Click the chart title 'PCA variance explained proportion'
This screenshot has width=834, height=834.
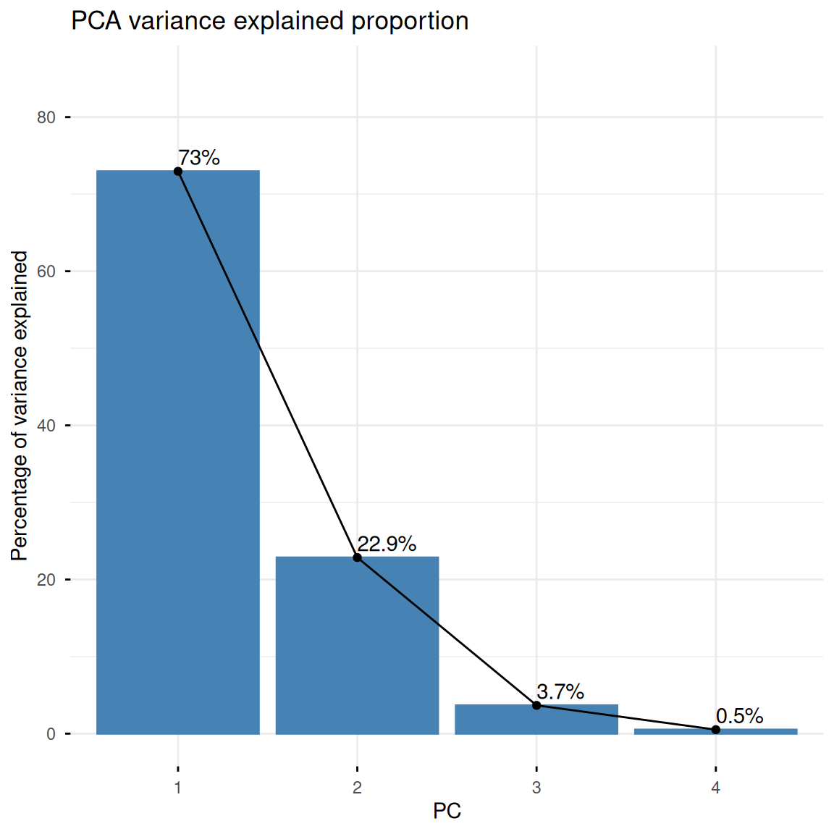tap(269, 21)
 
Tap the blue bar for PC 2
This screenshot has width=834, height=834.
tap(357, 645)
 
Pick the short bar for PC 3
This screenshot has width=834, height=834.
tap(536, 720)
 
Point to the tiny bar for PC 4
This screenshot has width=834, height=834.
tap(715, 731)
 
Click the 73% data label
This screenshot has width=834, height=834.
tap(199, 157)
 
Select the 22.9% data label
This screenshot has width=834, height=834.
tap(387, 544)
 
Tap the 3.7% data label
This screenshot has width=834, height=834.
tap(560, 691)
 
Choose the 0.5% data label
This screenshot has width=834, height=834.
tap(739, 716)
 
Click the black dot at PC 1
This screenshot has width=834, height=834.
tap(178, 172)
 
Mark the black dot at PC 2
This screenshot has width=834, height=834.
tap(357, 557)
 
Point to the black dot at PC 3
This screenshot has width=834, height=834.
tap(536, 705)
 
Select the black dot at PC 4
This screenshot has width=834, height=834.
tap(715, 730)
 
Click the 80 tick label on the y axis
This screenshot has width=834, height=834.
tap(46, 117)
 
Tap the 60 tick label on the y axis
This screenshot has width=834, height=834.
tap(46, 271)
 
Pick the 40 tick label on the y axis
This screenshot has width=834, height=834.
tap(46, 426)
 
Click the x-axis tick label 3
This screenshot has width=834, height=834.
tap(536, 788)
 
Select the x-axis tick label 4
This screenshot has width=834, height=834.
tap(715, 788)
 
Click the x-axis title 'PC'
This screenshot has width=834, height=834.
tap(447, 811)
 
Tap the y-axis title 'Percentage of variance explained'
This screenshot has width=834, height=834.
tap(20, 406)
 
